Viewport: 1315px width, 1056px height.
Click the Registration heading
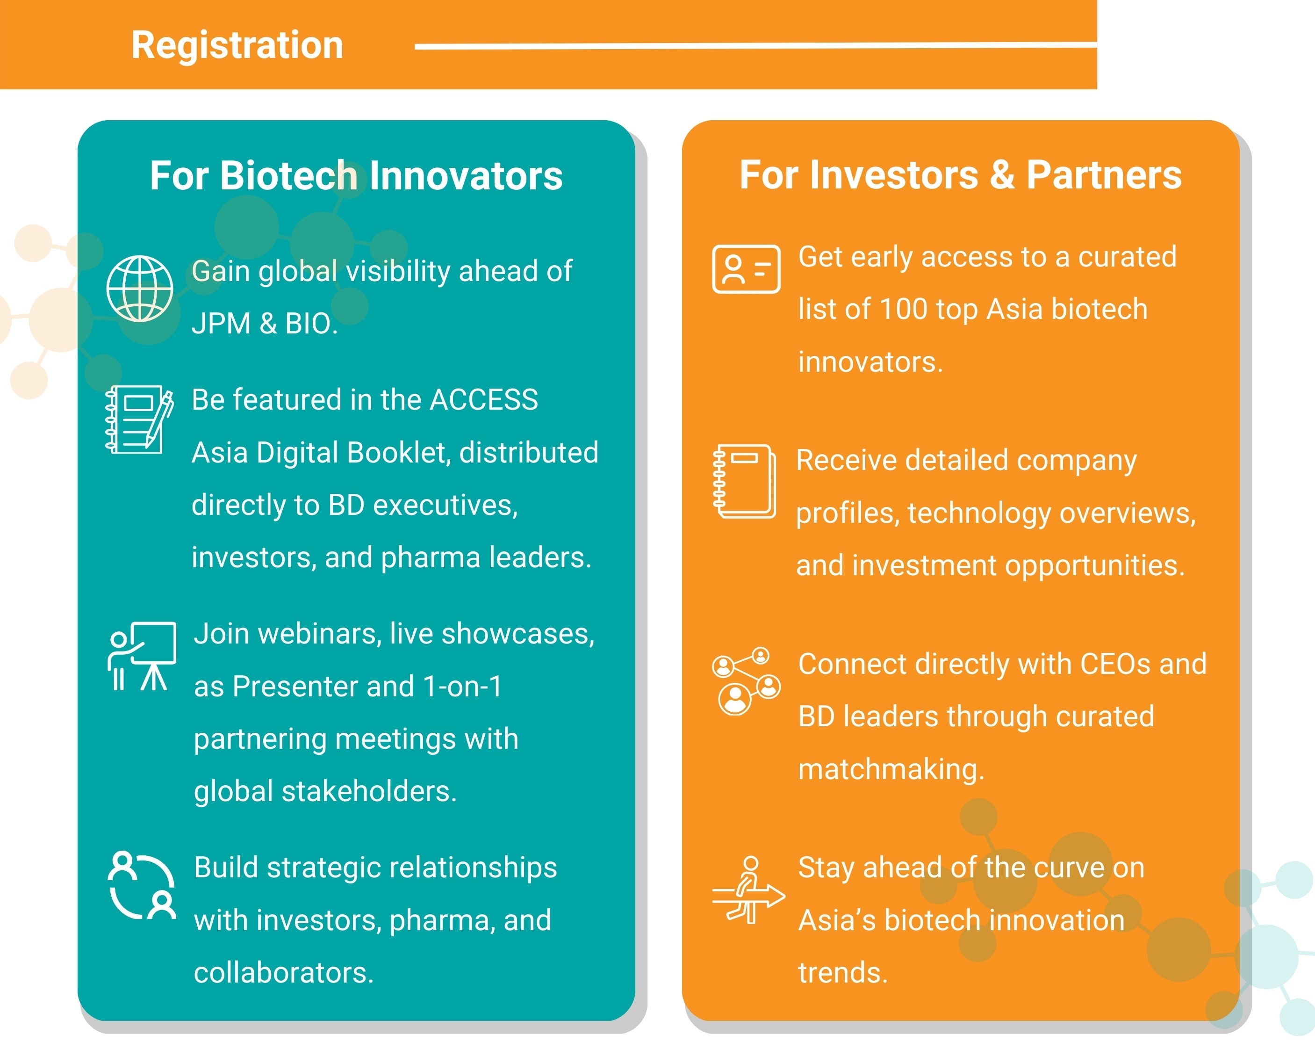237,46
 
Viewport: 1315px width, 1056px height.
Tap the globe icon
140,289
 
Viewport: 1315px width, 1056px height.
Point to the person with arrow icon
748,890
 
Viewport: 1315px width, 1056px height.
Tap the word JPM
221,323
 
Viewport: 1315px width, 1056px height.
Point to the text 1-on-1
463,687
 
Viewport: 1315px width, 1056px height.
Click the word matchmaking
891,769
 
